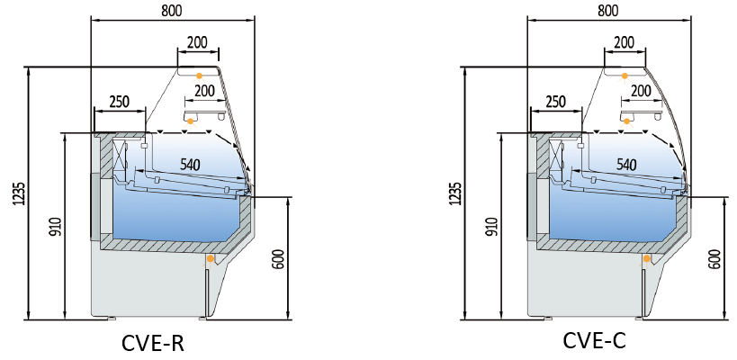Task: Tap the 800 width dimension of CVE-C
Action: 608,11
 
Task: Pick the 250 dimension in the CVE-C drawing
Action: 556,101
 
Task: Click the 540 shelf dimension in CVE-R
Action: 190,165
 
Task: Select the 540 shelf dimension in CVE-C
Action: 625,165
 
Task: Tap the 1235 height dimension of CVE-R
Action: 20,193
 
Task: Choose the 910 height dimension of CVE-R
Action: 57,226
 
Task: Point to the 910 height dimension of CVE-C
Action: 492,226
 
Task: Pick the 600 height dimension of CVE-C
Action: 714,258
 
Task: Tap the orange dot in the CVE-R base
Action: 211,259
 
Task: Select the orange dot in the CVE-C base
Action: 646,259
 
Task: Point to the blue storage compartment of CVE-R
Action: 175,216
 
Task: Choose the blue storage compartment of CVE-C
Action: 612,216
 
